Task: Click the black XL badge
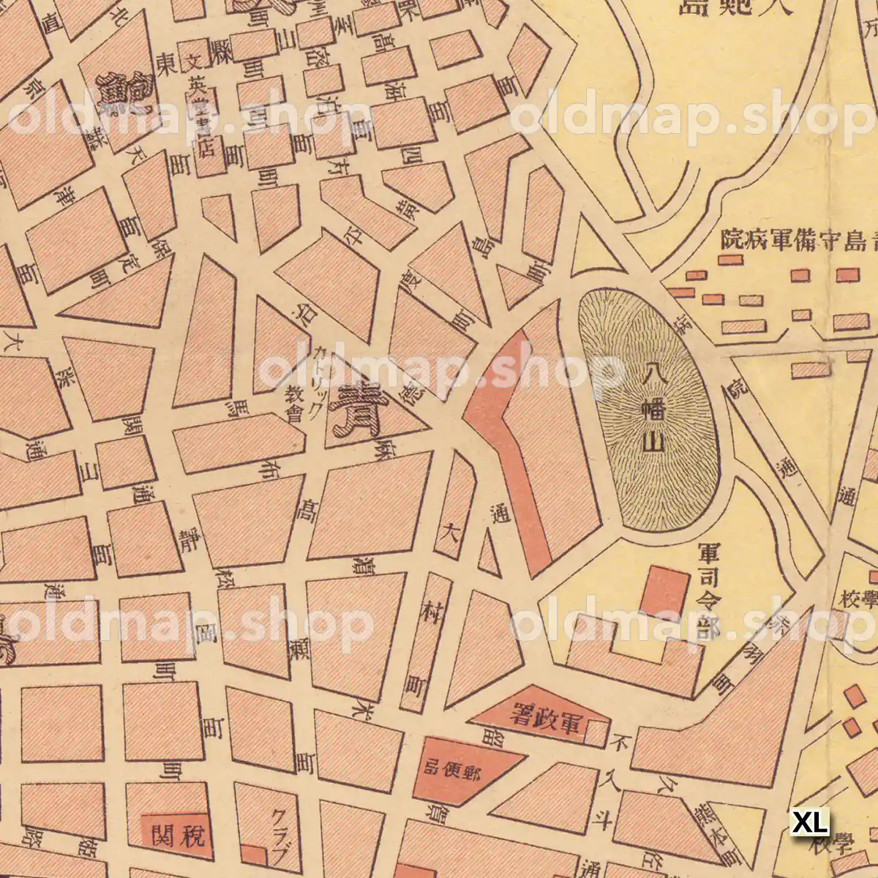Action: (x=811, y=822)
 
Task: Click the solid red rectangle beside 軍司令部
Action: (x=664, y=591)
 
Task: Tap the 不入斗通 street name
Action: (x=600, y=798)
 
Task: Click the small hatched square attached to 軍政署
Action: (x=597, y=732)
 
